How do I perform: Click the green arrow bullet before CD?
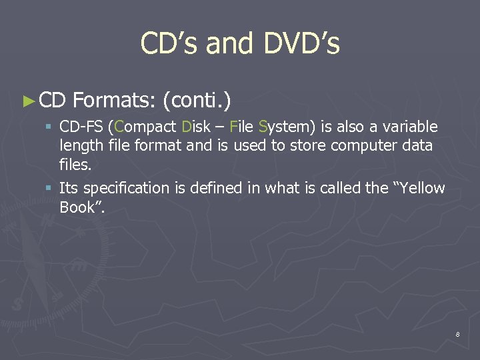[x=27, y=101]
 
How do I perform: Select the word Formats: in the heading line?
[x=114, y=101]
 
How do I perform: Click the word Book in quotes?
[x=78, y=207]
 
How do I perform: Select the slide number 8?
[x=457, y=334]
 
